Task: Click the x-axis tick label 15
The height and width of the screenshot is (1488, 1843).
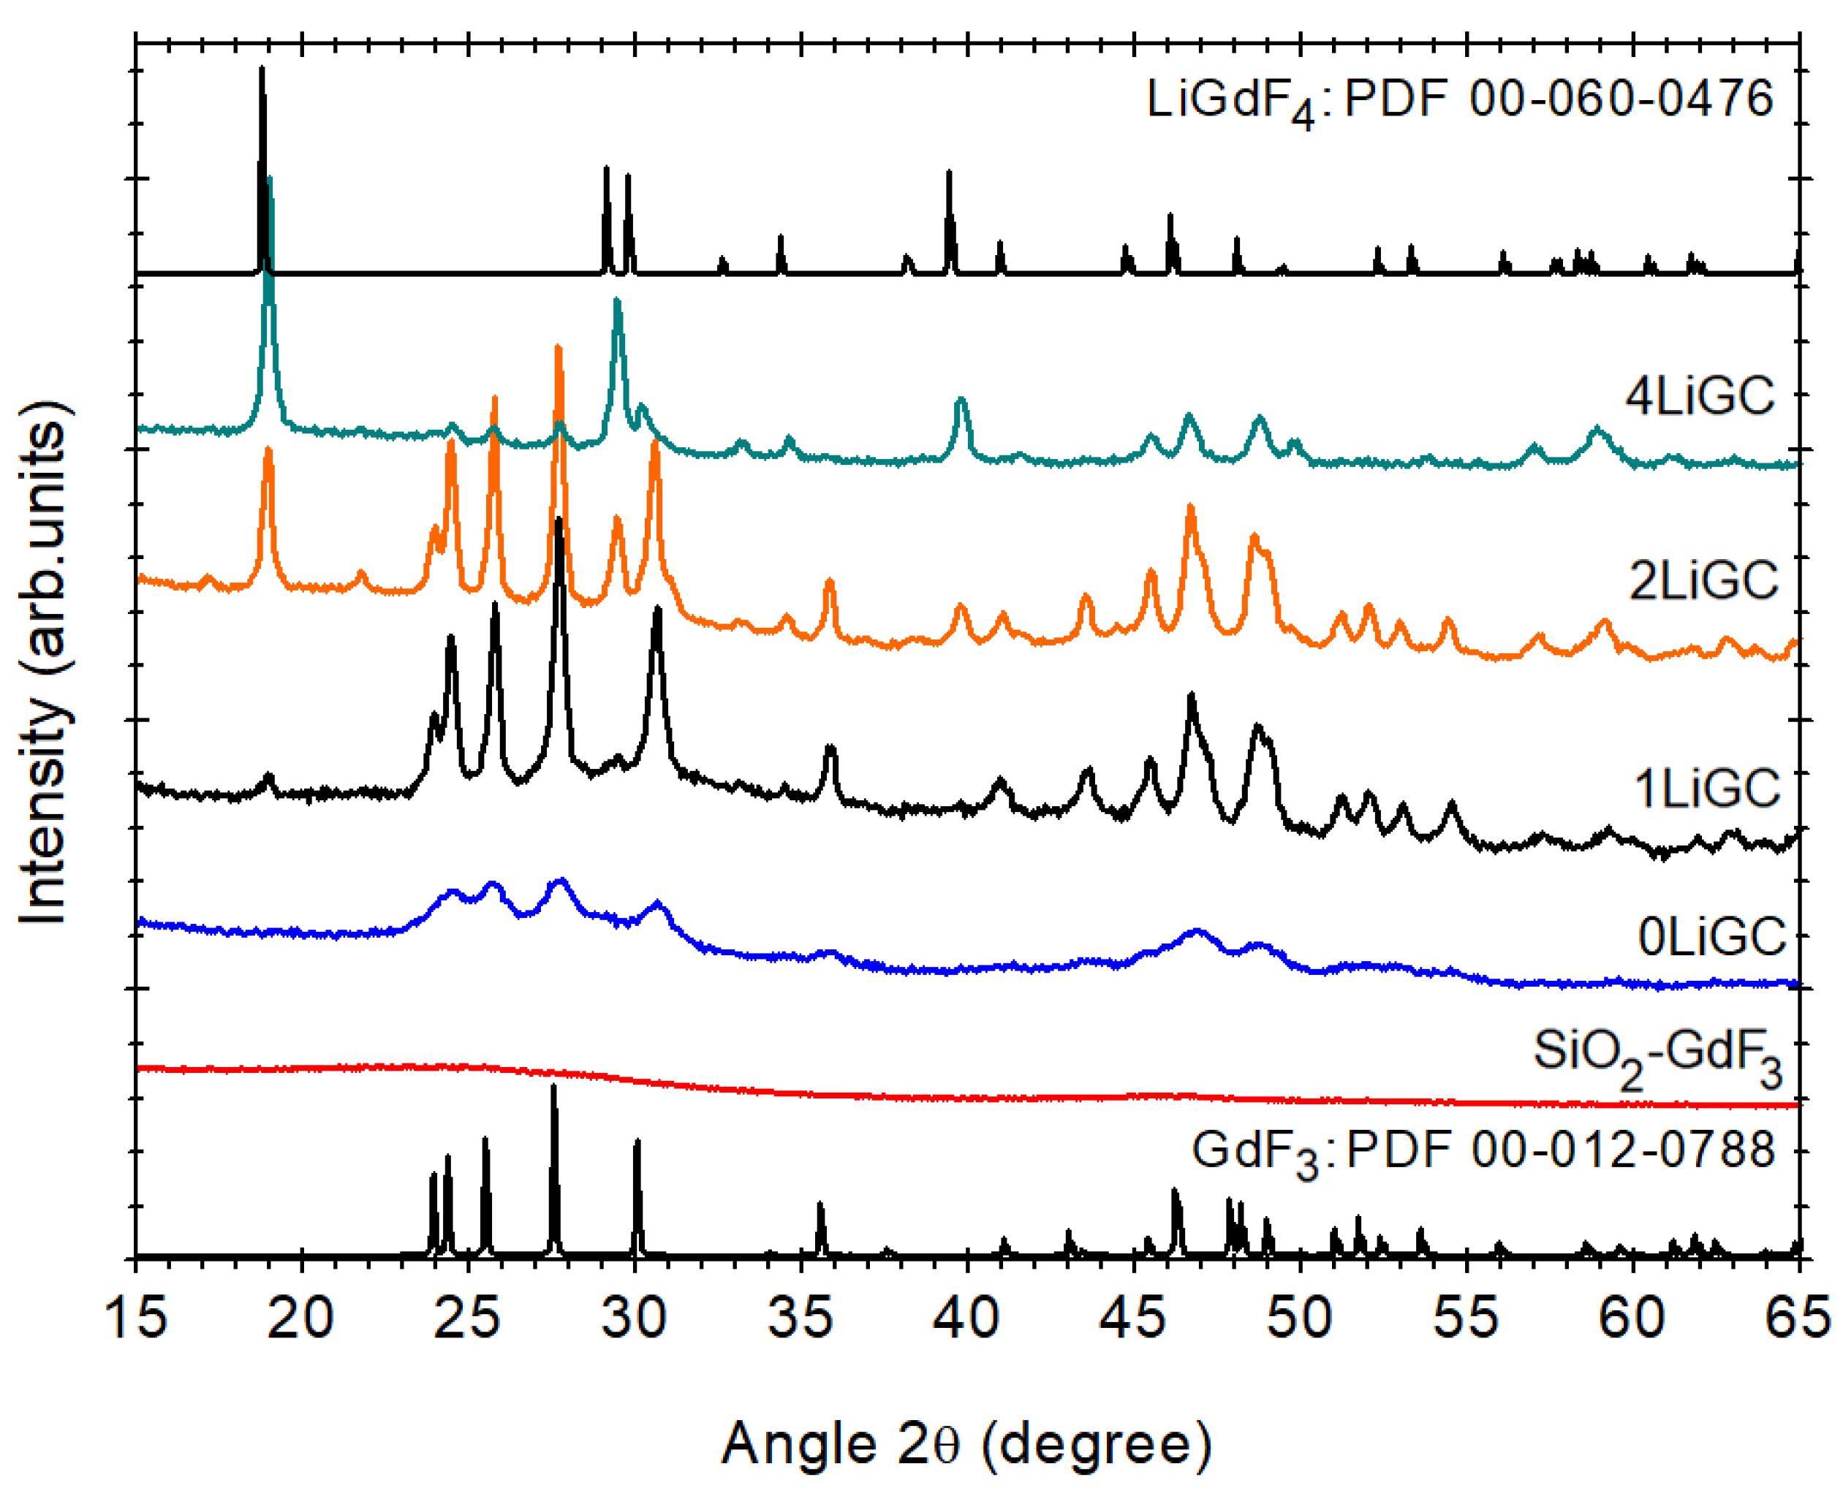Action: (x=135, y=1318)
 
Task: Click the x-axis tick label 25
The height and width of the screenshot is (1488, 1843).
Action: (x=467, y=1318)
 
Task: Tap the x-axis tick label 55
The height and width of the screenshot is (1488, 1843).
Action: (x=1467, y=1318)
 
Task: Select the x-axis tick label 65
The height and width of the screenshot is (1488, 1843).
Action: (x=1797, y=1318)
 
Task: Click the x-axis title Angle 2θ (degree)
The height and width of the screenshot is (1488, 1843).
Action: (x=966, y=1443)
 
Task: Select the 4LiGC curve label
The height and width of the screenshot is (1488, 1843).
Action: (x=1700, y=396)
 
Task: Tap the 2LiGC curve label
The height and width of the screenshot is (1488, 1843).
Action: (x=1703, y=580)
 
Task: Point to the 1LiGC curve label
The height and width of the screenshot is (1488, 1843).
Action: (x=1706, y=788)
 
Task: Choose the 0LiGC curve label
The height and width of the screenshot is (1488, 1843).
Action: (x=1711, y=937)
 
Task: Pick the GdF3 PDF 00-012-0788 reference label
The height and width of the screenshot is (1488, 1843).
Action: (x=1482, y=1151)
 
